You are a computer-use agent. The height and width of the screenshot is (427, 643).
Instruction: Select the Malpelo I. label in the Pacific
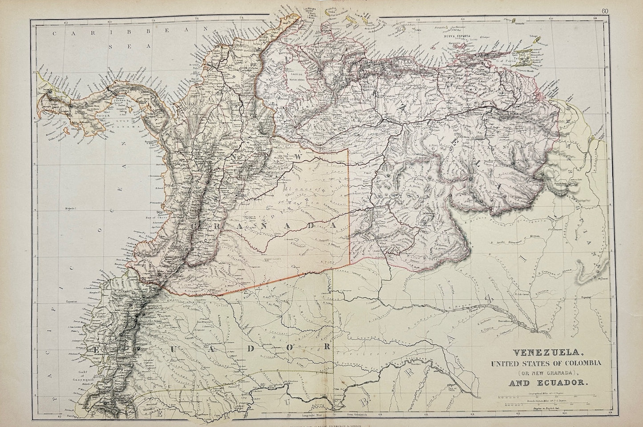point(71,195)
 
